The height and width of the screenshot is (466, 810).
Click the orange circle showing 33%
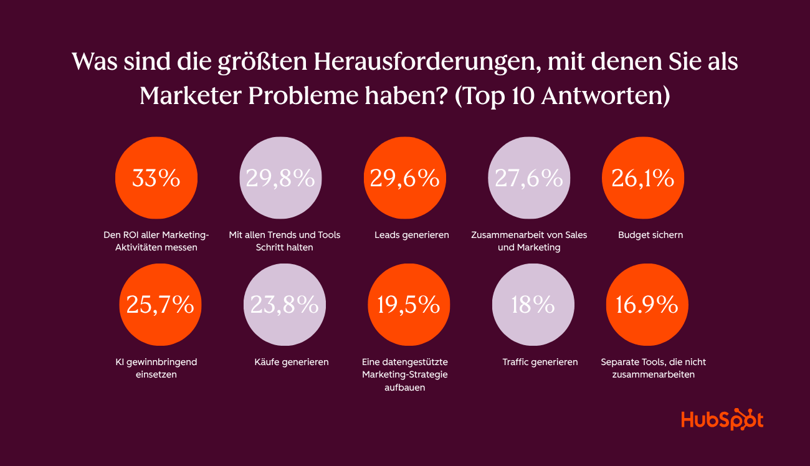tap(156, 178)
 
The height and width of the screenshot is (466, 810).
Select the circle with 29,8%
tap(280, 178)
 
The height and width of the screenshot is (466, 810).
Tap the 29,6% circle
tap(404, 178)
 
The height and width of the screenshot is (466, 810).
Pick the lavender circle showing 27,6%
tap(529, 178)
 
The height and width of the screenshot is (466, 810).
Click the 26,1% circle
tap(642, 178)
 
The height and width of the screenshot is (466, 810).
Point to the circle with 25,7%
tap(160, 305)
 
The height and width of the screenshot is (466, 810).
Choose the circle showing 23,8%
tap(284, 305)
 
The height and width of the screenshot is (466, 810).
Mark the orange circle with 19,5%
tap(408, 305)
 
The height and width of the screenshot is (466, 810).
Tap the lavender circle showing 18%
tap(533, 305)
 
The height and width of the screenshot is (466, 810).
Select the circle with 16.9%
tap(647, 305)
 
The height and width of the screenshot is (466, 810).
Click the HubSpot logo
tap(722, 419)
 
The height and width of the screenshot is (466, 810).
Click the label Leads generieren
tap(411, 235)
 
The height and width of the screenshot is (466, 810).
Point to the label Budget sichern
tap(650, 235)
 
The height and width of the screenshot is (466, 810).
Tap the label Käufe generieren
tap(291, 362)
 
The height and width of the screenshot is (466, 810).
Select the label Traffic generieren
tap(540, 362)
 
